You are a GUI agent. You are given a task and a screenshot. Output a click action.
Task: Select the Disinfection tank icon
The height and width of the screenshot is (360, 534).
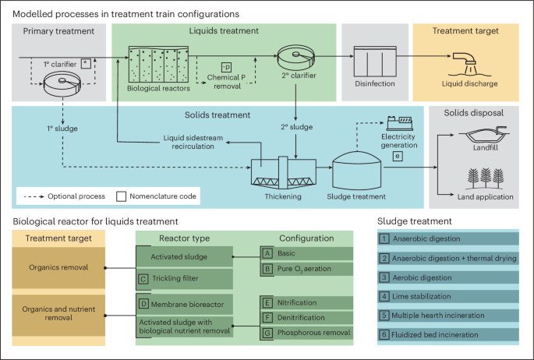tap(376, 60)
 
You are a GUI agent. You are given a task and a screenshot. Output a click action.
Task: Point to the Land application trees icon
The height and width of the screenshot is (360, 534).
tap(472, 178)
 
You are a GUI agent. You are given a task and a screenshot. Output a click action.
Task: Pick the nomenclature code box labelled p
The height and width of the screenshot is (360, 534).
tap(227, 65)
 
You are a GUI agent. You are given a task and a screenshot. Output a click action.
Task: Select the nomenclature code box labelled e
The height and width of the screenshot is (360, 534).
tap(398, 157)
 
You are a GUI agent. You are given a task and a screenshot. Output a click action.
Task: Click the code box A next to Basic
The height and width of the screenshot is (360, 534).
tap(267, 253)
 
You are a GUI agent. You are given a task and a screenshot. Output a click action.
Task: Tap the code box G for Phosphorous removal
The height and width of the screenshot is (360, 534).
tap(267, 333)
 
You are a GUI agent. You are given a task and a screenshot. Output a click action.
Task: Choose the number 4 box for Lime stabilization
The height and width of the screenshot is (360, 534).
tap(384, 296)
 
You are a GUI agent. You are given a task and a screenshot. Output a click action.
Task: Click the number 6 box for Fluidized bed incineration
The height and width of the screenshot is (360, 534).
tap(384, 334)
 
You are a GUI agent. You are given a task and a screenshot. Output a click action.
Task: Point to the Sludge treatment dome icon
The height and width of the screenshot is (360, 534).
tap(356, 167)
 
